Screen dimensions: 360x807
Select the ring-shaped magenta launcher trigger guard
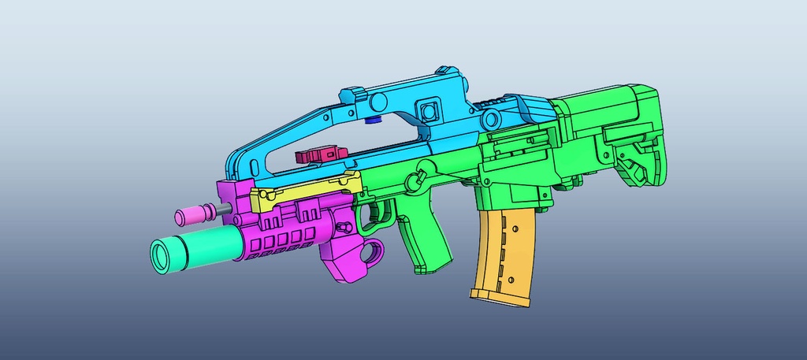(374, 251)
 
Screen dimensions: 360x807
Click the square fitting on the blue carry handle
(430, 109)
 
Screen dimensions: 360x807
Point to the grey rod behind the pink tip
(225, 210)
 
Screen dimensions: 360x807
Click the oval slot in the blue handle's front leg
(255, 168)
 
